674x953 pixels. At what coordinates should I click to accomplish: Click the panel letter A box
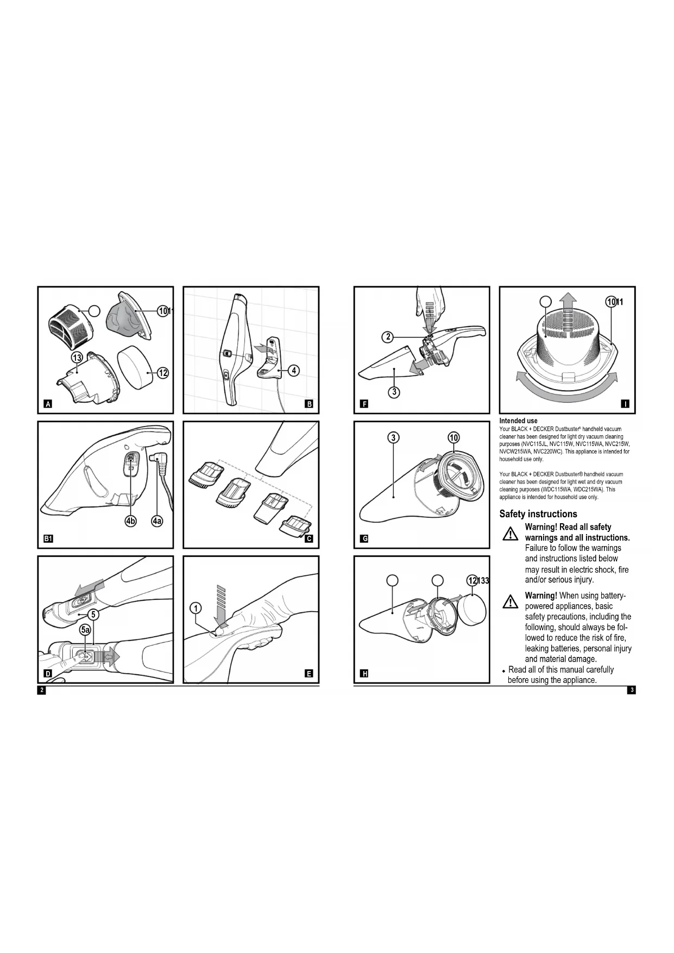tap(48, 404)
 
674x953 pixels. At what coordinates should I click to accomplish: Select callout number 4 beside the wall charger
tap(293, 371)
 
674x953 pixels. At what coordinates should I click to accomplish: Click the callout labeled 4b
tap(131, 521)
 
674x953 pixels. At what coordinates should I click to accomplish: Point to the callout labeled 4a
tap(157, 521)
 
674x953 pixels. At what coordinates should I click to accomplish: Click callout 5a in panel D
tap(85, 630)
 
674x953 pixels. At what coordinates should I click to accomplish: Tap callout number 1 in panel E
tap(196, 608)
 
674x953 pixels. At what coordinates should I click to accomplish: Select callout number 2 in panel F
tap(388, 337)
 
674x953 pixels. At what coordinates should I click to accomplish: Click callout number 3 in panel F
tap(394, 391)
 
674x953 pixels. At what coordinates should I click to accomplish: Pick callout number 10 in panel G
tap(453, 438)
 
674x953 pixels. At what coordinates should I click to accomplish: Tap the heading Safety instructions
tap(538, 513)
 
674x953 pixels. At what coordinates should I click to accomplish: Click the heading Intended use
tap(518, 421)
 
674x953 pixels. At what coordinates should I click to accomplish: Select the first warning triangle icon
tap(510, 534)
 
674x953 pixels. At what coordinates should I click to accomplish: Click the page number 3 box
tap(631, 690)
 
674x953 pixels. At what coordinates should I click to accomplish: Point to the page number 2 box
tap(41, 690)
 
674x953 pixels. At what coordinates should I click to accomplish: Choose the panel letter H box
tap(365, 674)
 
